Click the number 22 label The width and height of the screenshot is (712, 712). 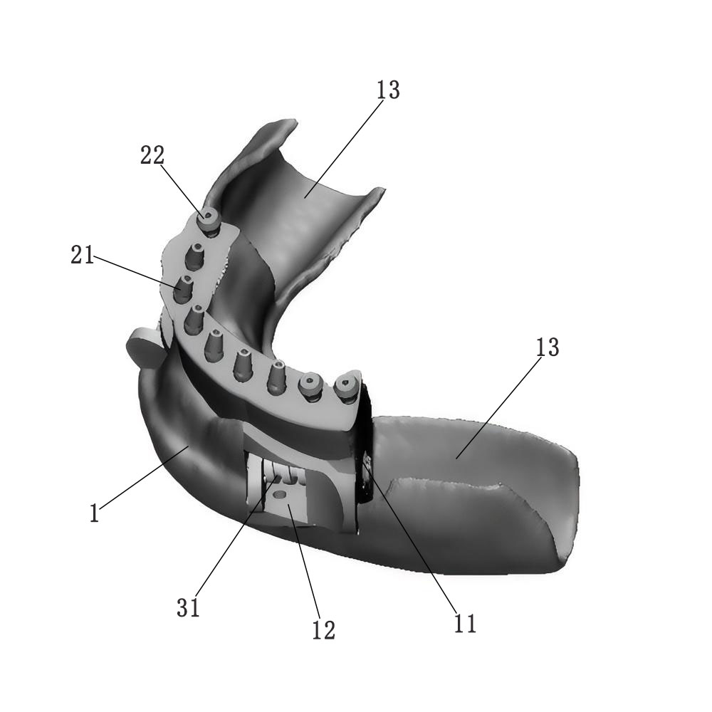(152, 156)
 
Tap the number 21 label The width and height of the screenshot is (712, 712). (82, 254)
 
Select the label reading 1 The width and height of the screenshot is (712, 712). (94, 513)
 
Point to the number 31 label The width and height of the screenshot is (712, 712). (189, 607)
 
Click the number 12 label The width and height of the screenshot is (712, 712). (323, 629)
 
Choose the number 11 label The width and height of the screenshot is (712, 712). (465, 623)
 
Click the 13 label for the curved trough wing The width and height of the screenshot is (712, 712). (388, 90)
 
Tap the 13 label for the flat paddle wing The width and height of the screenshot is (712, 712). (548, 347)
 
